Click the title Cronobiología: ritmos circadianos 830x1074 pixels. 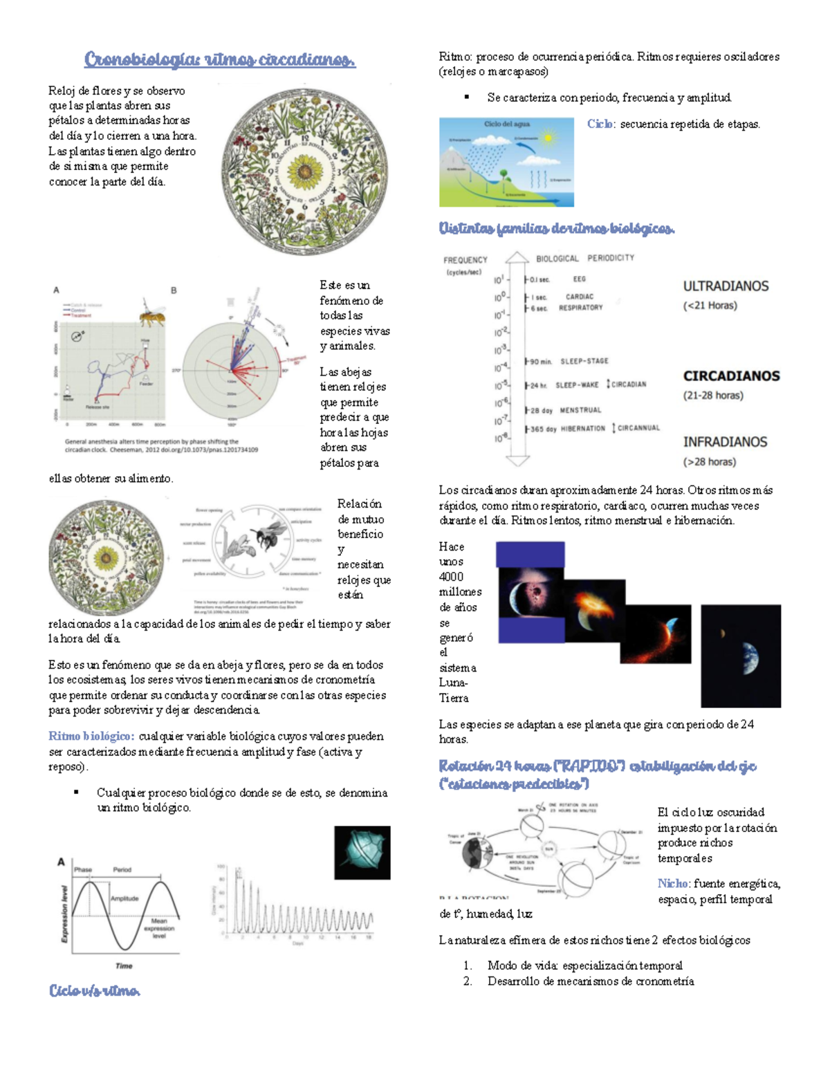pos(219,60)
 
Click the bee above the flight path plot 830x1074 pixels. pos(152,316)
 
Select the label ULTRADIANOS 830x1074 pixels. pos(726,286)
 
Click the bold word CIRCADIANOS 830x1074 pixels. pos(731,376)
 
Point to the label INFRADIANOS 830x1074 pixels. pos(725,442)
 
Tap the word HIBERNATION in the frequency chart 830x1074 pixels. pos(582,429)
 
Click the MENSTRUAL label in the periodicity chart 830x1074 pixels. pos(580,410)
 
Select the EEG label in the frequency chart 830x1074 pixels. pos(579,279)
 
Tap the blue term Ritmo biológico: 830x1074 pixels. pos(91,737)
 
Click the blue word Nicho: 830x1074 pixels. pos(673,884)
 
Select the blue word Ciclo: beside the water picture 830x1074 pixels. pos(600,124)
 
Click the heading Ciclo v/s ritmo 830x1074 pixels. pos(95,991)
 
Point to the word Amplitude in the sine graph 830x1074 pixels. pos(124,898)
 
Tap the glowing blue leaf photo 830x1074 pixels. pos(362,853)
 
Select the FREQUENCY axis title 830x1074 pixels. pos(465,260)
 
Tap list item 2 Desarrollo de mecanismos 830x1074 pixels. pos(590,981)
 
